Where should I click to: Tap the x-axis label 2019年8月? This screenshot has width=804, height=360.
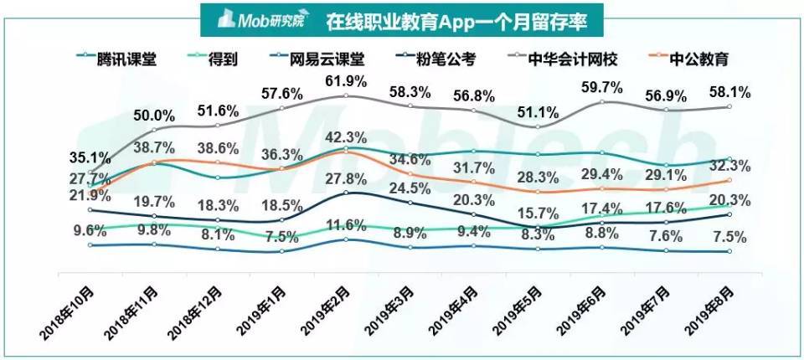coord(711,311)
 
